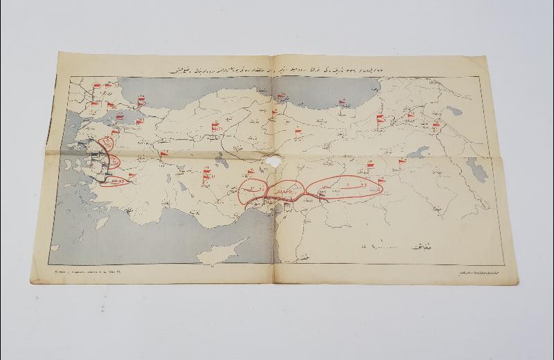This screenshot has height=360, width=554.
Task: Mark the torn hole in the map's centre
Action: point(269,161)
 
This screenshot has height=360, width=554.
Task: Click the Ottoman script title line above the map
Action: point(277,71)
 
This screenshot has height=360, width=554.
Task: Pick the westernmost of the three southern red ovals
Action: point(253,189)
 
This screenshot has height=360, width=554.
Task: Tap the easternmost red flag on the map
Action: point(436,126)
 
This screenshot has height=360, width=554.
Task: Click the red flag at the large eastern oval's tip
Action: point(379,181)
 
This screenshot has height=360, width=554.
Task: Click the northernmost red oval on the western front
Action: point(107,144)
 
